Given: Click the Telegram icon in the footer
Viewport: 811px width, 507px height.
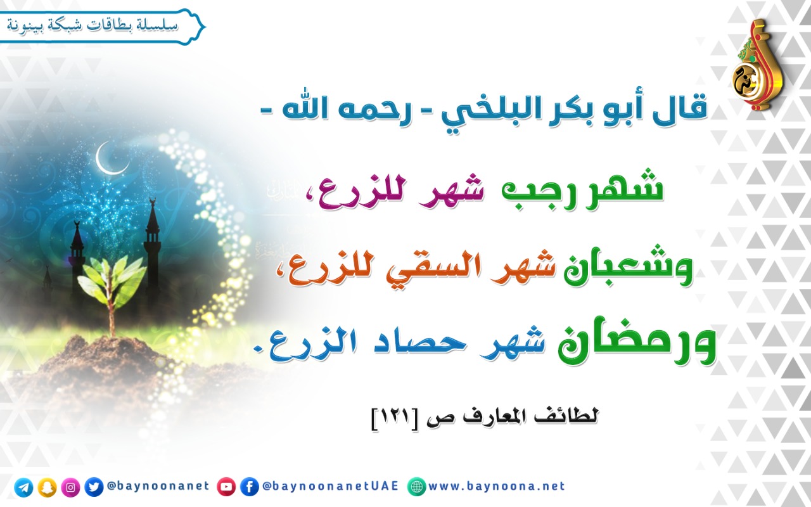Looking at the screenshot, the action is coord(23,487).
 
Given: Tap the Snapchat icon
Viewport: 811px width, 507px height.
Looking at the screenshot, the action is coord(47,487).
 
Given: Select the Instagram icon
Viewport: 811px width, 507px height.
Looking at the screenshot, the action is coord(70,487).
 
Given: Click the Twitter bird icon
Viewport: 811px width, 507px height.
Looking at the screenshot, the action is coord(94,487).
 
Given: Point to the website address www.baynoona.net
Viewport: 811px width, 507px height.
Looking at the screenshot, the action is coord(497,486).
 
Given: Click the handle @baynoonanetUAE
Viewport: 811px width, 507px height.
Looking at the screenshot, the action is coord(330,486).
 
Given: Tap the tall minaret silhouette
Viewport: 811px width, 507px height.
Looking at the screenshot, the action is coord(153,250).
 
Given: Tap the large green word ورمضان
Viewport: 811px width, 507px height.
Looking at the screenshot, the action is coord(637,342).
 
